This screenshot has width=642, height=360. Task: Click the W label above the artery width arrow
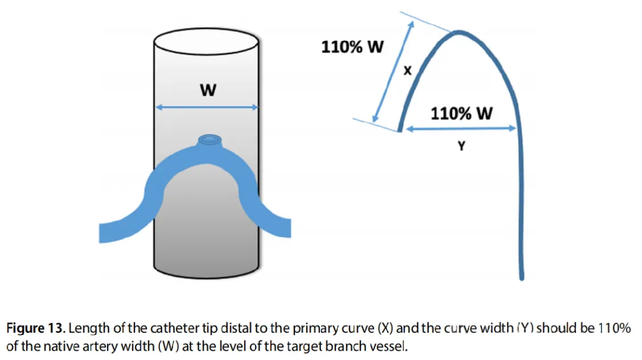(207, 90)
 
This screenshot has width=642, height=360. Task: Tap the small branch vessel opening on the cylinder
(209, 140)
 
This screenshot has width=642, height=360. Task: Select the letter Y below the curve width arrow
(460, 146)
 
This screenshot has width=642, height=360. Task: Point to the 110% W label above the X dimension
(353, 47)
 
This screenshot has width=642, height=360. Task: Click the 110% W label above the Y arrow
(461, 113)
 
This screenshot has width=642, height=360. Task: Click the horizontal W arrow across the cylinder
(206, 108)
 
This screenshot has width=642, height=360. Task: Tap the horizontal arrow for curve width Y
(458, 128)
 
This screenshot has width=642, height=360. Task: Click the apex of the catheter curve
(458, 31)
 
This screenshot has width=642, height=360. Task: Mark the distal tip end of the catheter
(399, 129)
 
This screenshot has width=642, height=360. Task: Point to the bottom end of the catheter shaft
(521, 276)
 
